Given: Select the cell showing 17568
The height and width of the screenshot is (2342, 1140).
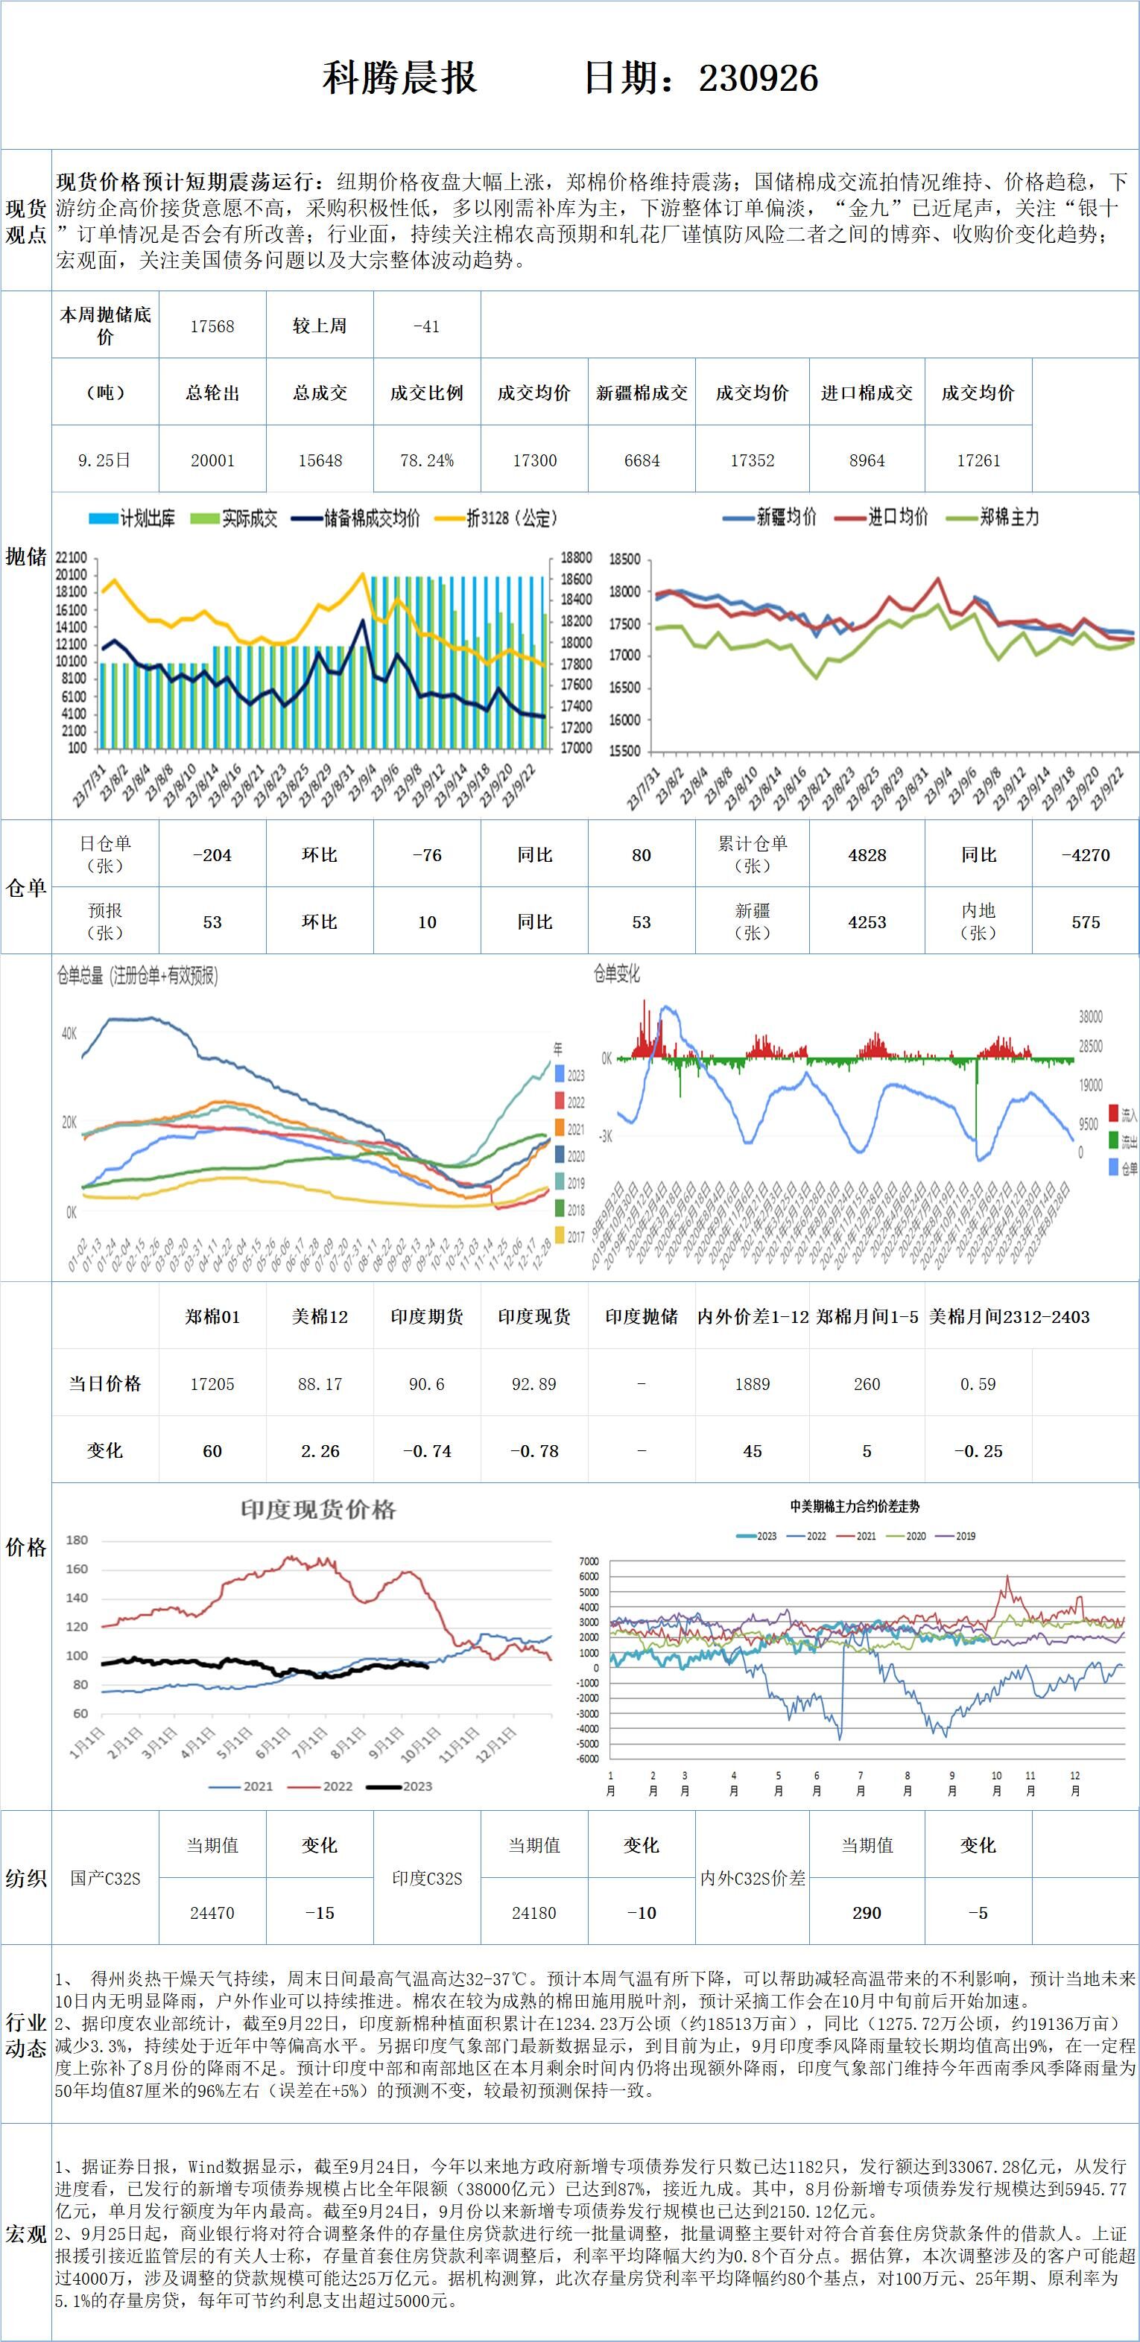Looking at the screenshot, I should point(212,326).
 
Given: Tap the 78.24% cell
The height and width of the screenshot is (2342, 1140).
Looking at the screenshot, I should point(426,460).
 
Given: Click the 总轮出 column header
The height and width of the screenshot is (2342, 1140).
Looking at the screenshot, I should point(212,393).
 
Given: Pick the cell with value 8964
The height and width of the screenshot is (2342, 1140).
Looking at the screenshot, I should point(867,460).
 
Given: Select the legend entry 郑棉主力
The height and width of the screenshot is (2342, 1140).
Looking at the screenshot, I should point(1009,517).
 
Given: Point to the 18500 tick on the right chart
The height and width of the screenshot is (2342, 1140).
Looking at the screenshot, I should point(624,559).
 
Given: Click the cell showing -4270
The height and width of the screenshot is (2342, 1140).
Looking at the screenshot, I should point(1086,854).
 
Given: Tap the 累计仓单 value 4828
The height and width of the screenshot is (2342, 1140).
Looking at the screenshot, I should point(867,854).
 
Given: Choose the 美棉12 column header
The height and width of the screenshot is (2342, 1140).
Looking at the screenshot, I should point(319,1316).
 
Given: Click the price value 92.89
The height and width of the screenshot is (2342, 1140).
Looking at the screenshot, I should point(533,1384).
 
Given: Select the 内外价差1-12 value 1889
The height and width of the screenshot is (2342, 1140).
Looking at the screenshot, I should point(752,1384).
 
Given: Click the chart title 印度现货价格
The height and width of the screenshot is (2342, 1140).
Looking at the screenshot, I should point(318,1510).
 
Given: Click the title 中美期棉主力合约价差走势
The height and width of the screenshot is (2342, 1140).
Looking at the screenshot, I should point(855,1506).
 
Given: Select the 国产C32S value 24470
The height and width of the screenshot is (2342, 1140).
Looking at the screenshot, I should point(212,1913).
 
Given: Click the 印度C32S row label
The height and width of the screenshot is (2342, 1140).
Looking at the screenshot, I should point(426,1879).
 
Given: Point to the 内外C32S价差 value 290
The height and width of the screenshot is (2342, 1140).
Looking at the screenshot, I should point(867,1913).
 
